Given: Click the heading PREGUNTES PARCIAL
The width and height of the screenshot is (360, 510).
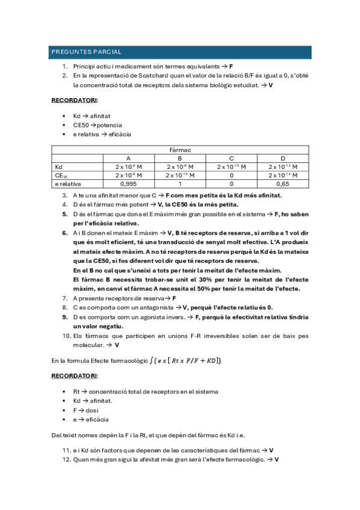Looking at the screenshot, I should (x=87, y=52).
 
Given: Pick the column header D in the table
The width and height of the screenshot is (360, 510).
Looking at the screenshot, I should (x=282, y=158).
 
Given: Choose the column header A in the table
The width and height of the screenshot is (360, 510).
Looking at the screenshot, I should (x=128, y=158).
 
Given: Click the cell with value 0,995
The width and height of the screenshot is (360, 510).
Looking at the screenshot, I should (x=128, y=184).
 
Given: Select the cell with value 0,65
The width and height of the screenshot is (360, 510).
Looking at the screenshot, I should (x=282, y=184).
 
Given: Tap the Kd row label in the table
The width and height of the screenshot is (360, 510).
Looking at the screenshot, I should (x=58, y=167).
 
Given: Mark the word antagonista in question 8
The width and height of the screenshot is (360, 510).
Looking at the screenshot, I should (x=156, y=307).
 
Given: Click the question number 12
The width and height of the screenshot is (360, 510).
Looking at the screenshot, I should (x=66, y=459).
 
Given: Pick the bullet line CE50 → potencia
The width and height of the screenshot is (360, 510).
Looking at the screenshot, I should (x=97, y=124).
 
